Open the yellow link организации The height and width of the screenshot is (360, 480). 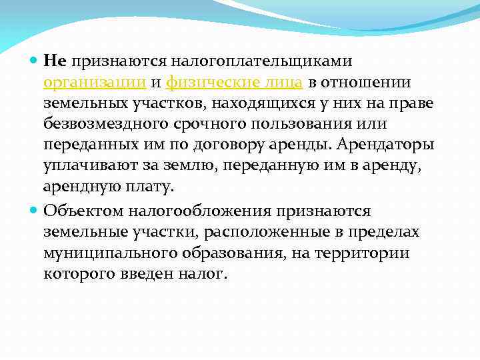(95, 83)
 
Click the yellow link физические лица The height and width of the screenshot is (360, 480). (235, 83)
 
